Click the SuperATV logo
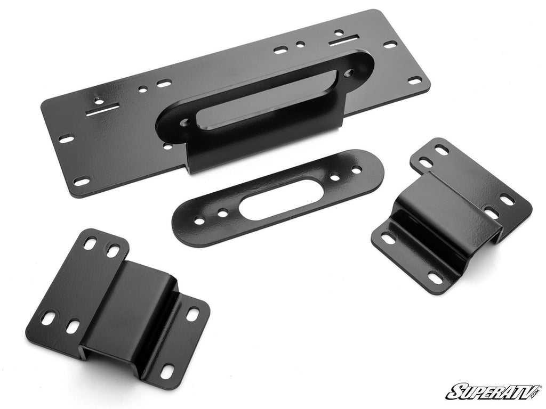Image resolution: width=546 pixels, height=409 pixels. (x=493, y=391)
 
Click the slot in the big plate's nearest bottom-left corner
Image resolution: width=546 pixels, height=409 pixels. (x=82, y=182)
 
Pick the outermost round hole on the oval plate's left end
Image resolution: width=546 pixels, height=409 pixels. (x=199, y=220)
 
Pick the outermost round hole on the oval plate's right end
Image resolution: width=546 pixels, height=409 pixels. (x=356, y=169)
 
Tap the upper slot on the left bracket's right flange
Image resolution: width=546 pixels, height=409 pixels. (x=192, y=314)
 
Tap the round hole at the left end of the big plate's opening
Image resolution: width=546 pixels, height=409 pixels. (x=184, y=122)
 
